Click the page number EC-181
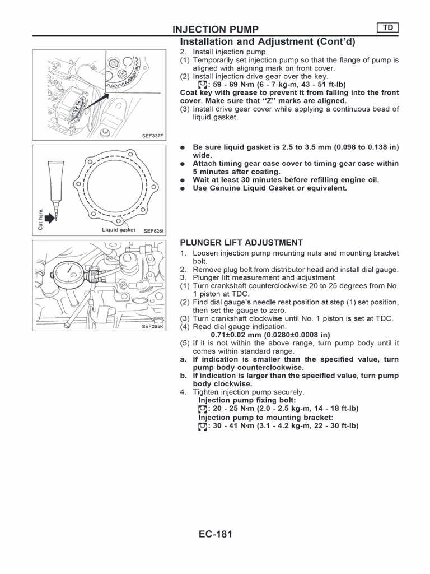click(x=214, y=534)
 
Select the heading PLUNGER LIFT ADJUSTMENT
click(x=241, y=243)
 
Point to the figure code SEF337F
click(x=154, y=135)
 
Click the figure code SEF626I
click(x=154, y=230)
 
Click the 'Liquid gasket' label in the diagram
click(x=119, y=229)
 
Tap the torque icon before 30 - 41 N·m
click(x=202, y=426)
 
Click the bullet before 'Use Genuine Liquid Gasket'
click(x=183, y=189)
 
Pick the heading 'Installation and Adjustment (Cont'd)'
click(x=267, y=43)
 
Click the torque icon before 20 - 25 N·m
click(x=202, y=409)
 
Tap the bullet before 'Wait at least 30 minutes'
click(x=183, y=180)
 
